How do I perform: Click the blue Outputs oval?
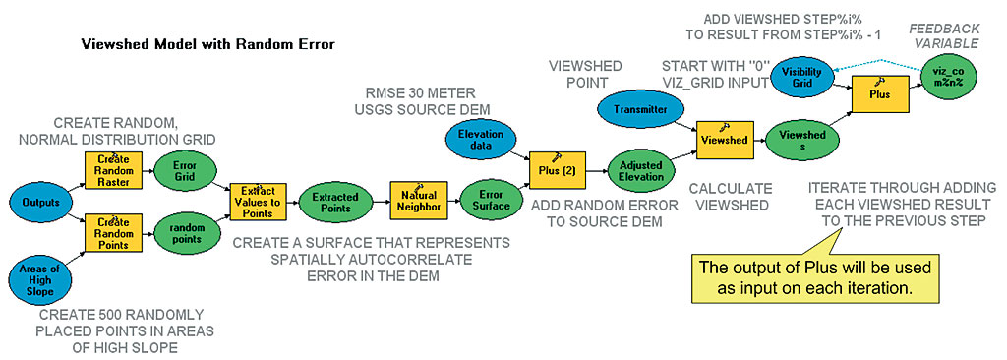click(41, 202)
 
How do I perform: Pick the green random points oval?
click(182, 233)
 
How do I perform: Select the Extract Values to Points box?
click(257, 202)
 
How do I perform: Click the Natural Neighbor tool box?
click(418, 201)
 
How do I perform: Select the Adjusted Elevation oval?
click(641, 170)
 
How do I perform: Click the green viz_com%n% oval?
click(949, 79)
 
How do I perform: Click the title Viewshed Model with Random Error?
click(207, 45)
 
